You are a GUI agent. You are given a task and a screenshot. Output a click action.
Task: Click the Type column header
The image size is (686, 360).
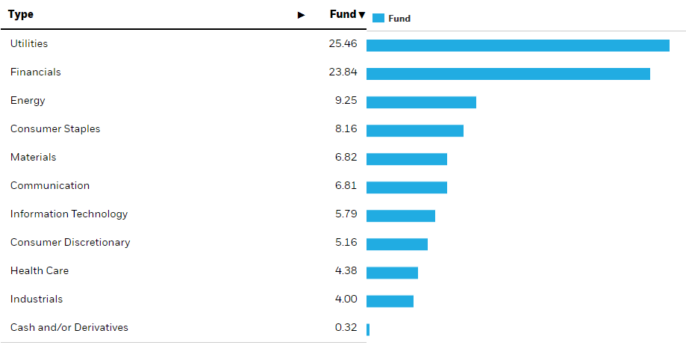pyautogui.click(x=21, y=14)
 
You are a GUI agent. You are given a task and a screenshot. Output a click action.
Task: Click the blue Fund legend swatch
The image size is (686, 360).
pyautogui.click(x=378, y=18)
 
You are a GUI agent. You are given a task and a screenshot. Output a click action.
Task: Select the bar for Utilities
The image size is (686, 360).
pyautogui.click(x=517, y=46)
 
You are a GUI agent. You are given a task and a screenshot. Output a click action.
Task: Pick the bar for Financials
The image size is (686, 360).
pyautogui.click(x=508, y=74)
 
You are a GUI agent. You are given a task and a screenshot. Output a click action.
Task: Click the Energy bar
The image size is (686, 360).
pyautogui.click(x=421, y=102)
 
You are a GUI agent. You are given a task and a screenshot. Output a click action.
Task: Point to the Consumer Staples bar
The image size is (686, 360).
pyautogui.click(x=414, y=131)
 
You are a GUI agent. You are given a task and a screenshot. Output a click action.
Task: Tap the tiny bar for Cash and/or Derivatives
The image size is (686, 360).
pyautogui.click(x=368, y=329)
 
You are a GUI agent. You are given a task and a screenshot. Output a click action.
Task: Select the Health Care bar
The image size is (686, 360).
pyautogui.click(x=392, y=273)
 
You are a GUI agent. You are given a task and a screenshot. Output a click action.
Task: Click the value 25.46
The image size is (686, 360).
pyautogui.click(x=343, y=44)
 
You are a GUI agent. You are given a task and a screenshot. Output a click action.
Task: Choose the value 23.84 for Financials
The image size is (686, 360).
pyautogui.click(x=343, y=72)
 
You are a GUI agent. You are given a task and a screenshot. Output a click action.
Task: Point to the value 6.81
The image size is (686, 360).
pyautogui.click(x=346, y=186)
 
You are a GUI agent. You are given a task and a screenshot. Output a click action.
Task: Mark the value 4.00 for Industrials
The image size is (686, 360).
pyautogui.click(x=346, y=300)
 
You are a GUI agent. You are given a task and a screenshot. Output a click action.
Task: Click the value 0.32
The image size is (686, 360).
pyautogui.click(x=346, y=328)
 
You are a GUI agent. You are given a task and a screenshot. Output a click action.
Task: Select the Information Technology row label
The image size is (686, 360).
pyautogui.click(x=69, y=214)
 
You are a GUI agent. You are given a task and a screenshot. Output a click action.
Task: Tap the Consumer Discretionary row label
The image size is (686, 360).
pyautogui.click(x=70, y=243)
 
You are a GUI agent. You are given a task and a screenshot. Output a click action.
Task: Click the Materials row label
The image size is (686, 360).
pyautogui.click(x=33, y=158)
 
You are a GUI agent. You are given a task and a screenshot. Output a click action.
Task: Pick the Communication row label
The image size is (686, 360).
pyautogui.click(x=49, y=186)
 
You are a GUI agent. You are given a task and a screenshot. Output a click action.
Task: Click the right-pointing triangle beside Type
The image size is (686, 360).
pyautogui.click(x=301, y=15)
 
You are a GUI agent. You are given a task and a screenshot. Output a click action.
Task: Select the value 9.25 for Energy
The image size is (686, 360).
pyautogui.click(x=346, y=101)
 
